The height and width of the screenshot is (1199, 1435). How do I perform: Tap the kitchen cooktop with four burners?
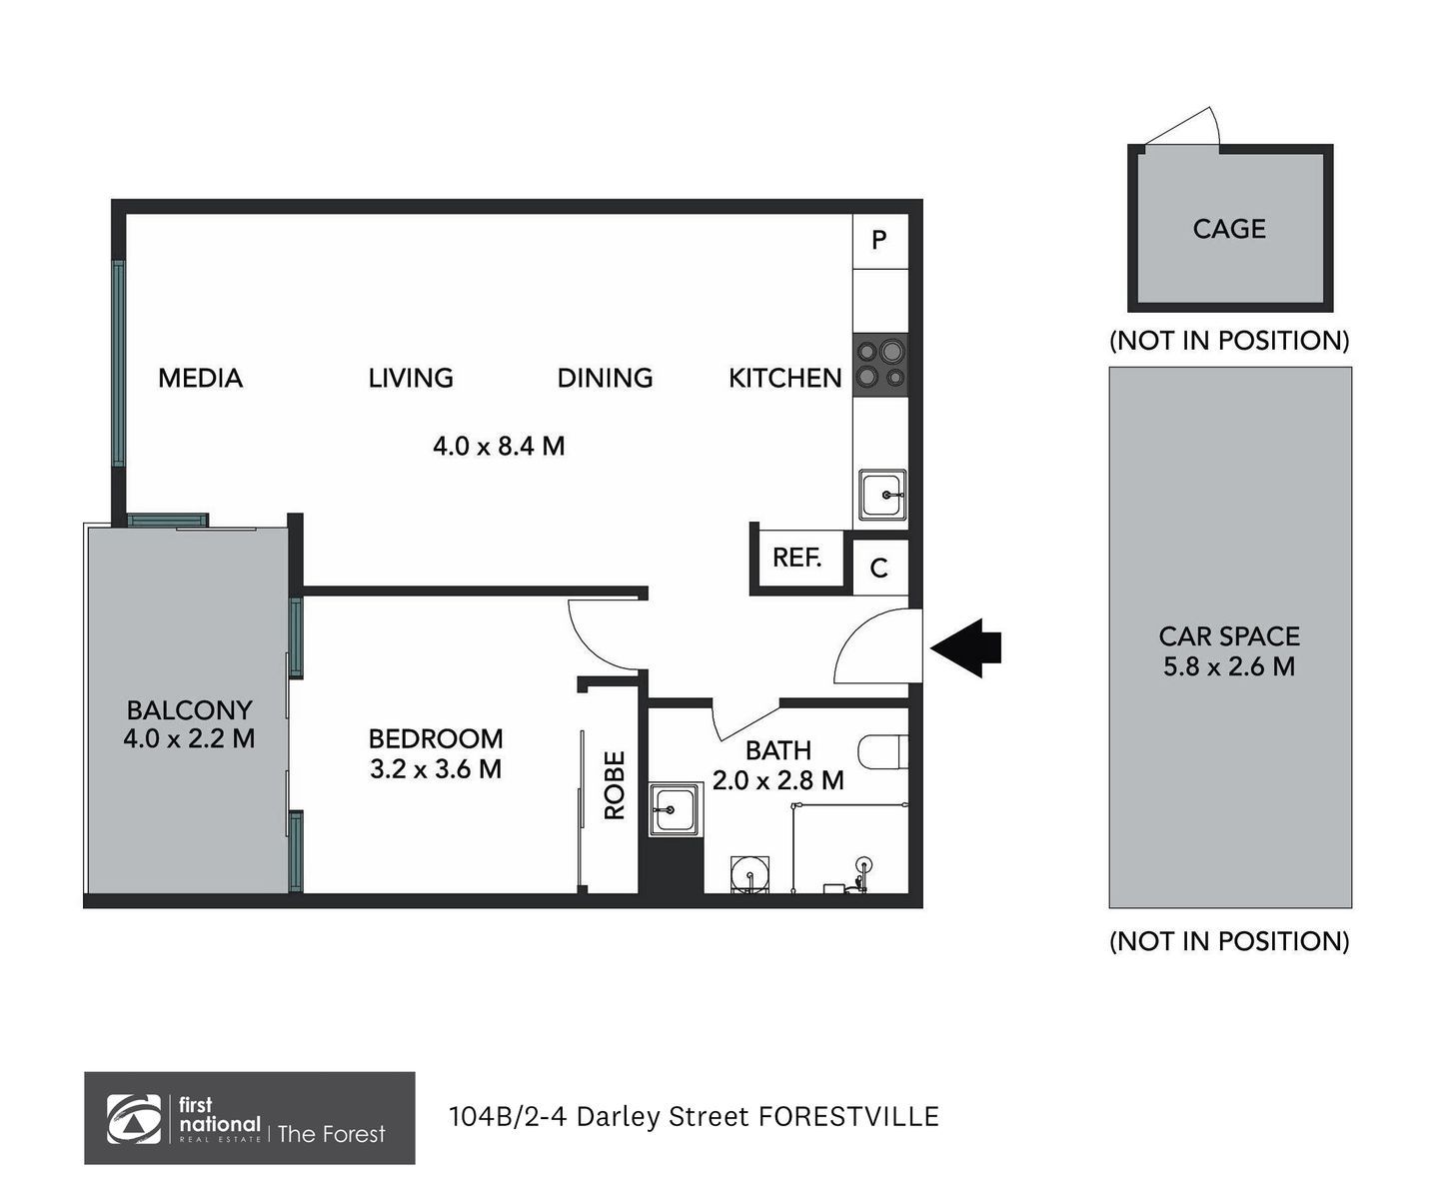pyautogui.click(x=880, y=365)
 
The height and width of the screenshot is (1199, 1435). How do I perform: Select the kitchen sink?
pyautogui.click(x=882, y=495)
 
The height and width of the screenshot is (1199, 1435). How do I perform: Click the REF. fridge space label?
pyautogui.click(x=797, y=558)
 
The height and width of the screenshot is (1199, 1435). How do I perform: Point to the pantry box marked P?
pyautogui.click(x=879, y=241)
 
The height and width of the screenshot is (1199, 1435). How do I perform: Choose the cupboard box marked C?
pyautogui.click(x=879, y=568)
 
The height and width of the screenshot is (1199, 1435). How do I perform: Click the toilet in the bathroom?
pyautogui.click(x=883, y=751)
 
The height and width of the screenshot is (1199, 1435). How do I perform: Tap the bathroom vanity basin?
pyautogui.click(x=675, y=810)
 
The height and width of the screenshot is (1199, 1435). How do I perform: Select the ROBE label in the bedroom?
pyautogui.click(x=615, y=784)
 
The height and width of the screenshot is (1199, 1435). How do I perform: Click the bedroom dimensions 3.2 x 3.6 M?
pyautogui.click(x=436, y=769)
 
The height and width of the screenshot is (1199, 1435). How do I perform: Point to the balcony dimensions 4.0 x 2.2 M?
pyautogui.click(x=189, y=738)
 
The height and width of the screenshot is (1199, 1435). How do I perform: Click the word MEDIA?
pyautogui.click(x=201, y=378)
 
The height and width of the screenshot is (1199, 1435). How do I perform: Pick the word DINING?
pyautogui.click(x=605, y=378)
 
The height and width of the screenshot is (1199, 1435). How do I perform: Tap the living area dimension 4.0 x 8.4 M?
pyautogui.click(x=499, y=446)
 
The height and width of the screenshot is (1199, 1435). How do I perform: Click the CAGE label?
pyautogui.click(x=1229, y=229)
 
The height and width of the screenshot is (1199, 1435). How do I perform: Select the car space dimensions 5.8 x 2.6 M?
pyautogui.click(x=1229, y=666)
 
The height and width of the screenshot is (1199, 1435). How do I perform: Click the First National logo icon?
pyautogui.click(x=133, y=1119)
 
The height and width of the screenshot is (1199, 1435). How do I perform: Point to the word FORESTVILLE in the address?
pyautogui.click(x=848, y=1117)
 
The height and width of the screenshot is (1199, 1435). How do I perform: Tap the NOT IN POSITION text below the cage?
pyautogui.click(x=1229, y=341)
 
